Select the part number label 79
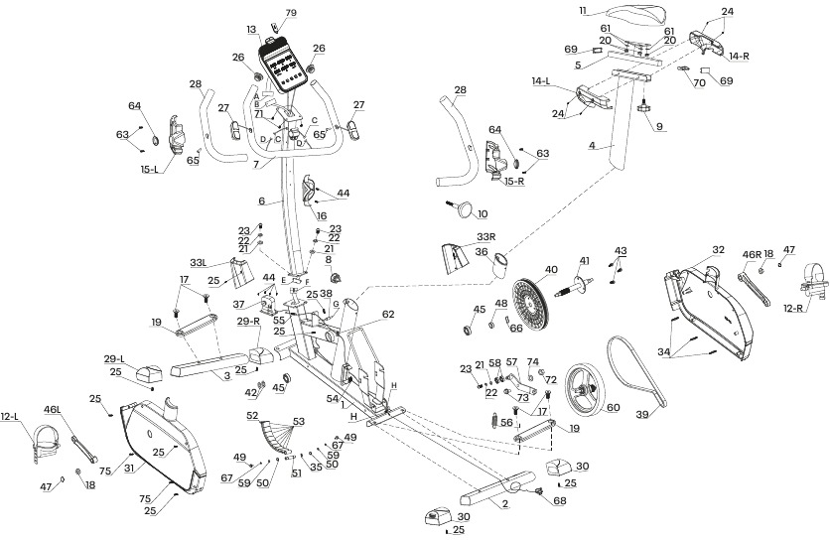pos(291,13)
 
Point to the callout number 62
pos(388,315)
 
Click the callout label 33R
pos(485,236)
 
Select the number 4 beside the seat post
pos(591,146)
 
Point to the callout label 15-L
pos(152,169)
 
